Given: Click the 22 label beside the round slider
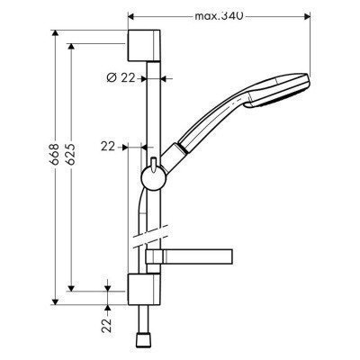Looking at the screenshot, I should [108, 144].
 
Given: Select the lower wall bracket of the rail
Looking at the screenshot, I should [142, 291].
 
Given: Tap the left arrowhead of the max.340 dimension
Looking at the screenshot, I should [131, 16].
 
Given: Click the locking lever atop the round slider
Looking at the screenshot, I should [156, 162].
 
